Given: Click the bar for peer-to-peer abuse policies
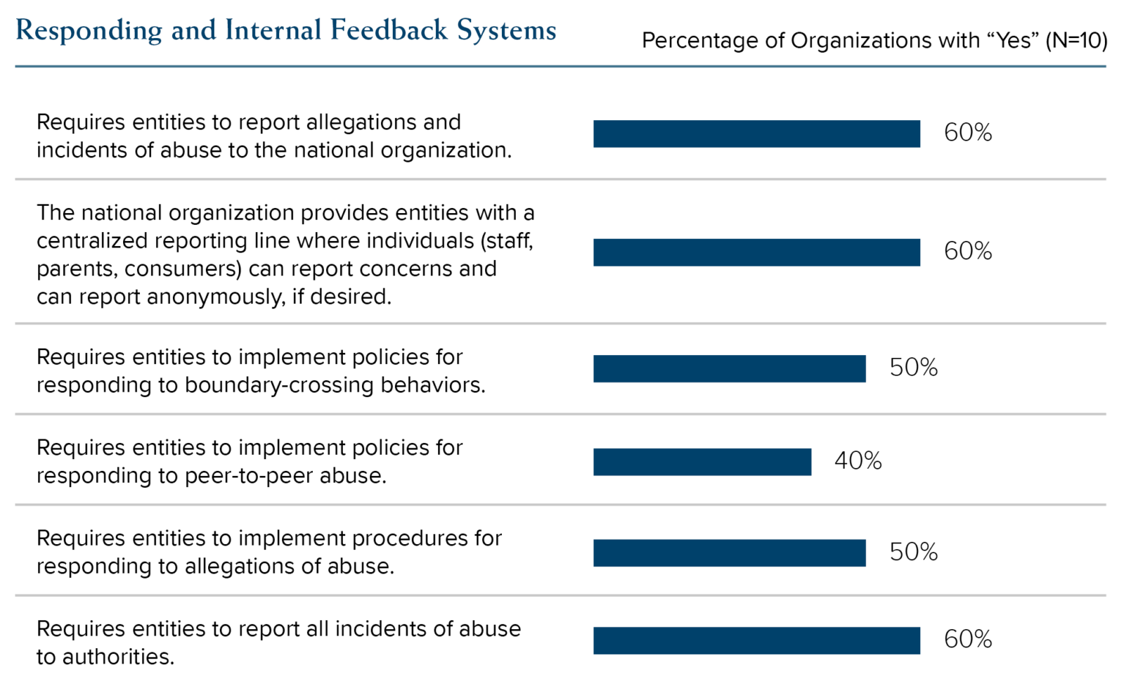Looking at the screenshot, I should tap(702, 462).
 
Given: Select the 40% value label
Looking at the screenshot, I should tap(858, 461).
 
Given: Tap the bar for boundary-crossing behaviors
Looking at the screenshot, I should tap(729, 369).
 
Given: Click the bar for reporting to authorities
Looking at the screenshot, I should tap(756, 640).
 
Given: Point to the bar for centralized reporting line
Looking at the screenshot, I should tap(756, 252).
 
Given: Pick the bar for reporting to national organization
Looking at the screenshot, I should tap(756, 134).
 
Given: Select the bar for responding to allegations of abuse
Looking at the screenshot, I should tap(729, 553).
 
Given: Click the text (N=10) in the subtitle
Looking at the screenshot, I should tap(1076, 41).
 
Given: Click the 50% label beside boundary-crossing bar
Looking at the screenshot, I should tap(913, 368).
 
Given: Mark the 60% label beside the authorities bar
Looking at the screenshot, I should tap(967, 640).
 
